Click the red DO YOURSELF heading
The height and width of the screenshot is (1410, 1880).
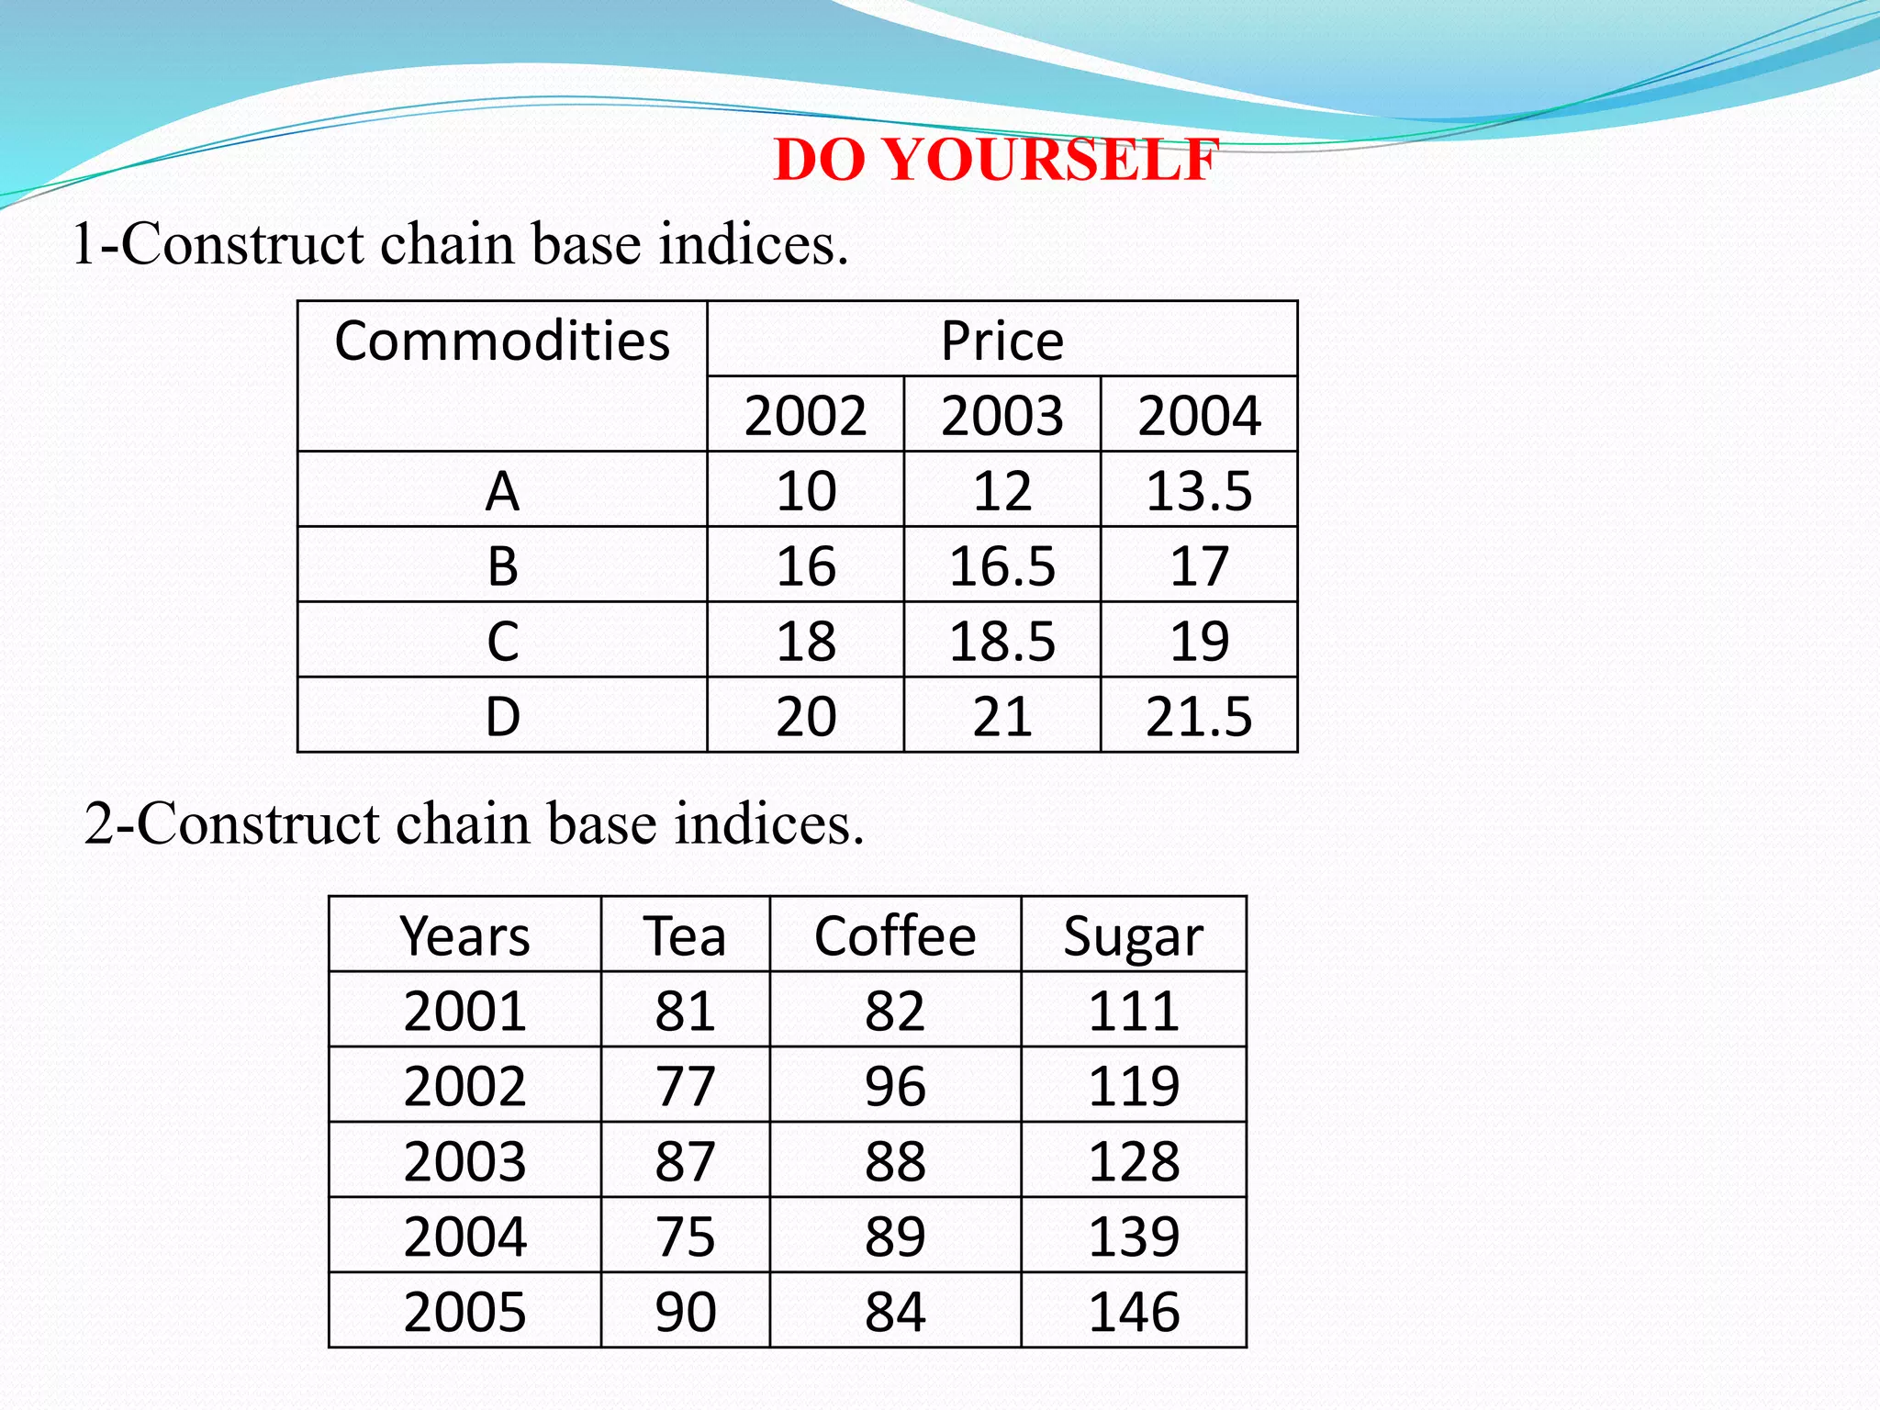pos(996,160)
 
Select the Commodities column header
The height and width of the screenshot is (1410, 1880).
pos(502,341)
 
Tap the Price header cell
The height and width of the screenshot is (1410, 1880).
pos(1002,341)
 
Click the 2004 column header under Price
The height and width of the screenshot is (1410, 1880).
pos(1199,416)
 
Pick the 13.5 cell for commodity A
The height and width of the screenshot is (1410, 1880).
pos(1199,491)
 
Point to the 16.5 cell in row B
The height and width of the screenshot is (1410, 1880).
pos(1002,566)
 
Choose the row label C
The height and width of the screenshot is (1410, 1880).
pos(502,642)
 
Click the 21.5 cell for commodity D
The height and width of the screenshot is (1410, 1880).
pos(1199,717)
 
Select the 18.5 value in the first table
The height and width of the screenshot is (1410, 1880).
pos(1002,642)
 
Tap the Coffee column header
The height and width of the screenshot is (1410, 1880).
pos(895,937)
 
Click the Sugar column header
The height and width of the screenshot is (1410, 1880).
pos(1133,937)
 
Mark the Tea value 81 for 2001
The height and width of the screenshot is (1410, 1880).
pos(685,1012)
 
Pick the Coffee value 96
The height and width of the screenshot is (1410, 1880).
pos(895,1087)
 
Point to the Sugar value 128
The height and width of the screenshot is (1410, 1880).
pos(1133,1162)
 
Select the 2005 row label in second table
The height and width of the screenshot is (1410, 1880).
pos(464,1312)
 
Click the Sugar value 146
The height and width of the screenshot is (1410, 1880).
pos(1133,1312)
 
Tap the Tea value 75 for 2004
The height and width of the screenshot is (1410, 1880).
pos(685,1237)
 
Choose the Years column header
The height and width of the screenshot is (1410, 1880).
pos(464,937)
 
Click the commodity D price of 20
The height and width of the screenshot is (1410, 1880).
pos(805,717)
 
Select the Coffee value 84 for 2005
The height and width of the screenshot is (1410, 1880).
pos(895,1312)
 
